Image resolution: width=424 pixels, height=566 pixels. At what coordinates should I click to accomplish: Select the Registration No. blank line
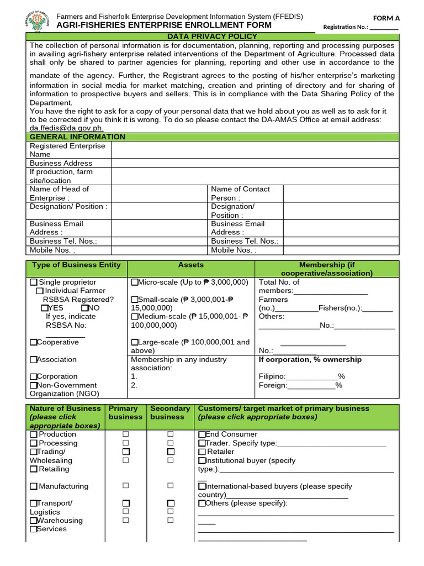[384, 28]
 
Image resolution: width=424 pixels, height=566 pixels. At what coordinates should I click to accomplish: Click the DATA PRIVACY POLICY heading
[213, 36]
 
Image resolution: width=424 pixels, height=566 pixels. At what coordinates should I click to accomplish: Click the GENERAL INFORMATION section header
[77, 137]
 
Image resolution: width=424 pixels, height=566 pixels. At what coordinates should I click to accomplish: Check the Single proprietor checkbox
[34, 282]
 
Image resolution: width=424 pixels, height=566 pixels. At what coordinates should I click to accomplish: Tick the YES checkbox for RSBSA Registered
[45, 308]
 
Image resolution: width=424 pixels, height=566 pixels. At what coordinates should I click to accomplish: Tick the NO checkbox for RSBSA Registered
[84, 308]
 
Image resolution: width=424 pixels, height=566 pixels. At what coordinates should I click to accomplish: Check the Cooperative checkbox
[34, 343]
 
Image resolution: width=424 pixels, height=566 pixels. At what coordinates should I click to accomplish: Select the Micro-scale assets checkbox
[134, 282]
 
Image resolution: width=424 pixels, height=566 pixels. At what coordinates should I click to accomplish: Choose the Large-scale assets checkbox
[134, 343]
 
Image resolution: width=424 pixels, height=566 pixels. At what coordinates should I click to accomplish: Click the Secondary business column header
[170, 412]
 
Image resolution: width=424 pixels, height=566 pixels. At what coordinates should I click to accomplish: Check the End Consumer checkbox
[202, 434]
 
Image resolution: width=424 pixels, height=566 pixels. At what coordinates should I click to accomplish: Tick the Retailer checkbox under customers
[202, 452]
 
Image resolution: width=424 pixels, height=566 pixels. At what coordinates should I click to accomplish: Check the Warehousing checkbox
[34, 521]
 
